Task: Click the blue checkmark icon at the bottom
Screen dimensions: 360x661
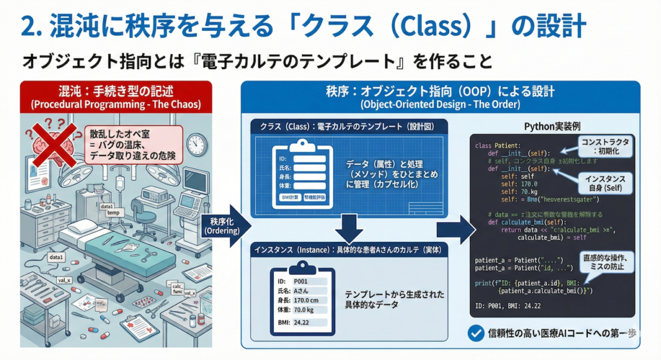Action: (x=476, y=333)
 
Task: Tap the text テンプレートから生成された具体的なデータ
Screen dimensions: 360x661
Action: (x=394, y=299)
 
